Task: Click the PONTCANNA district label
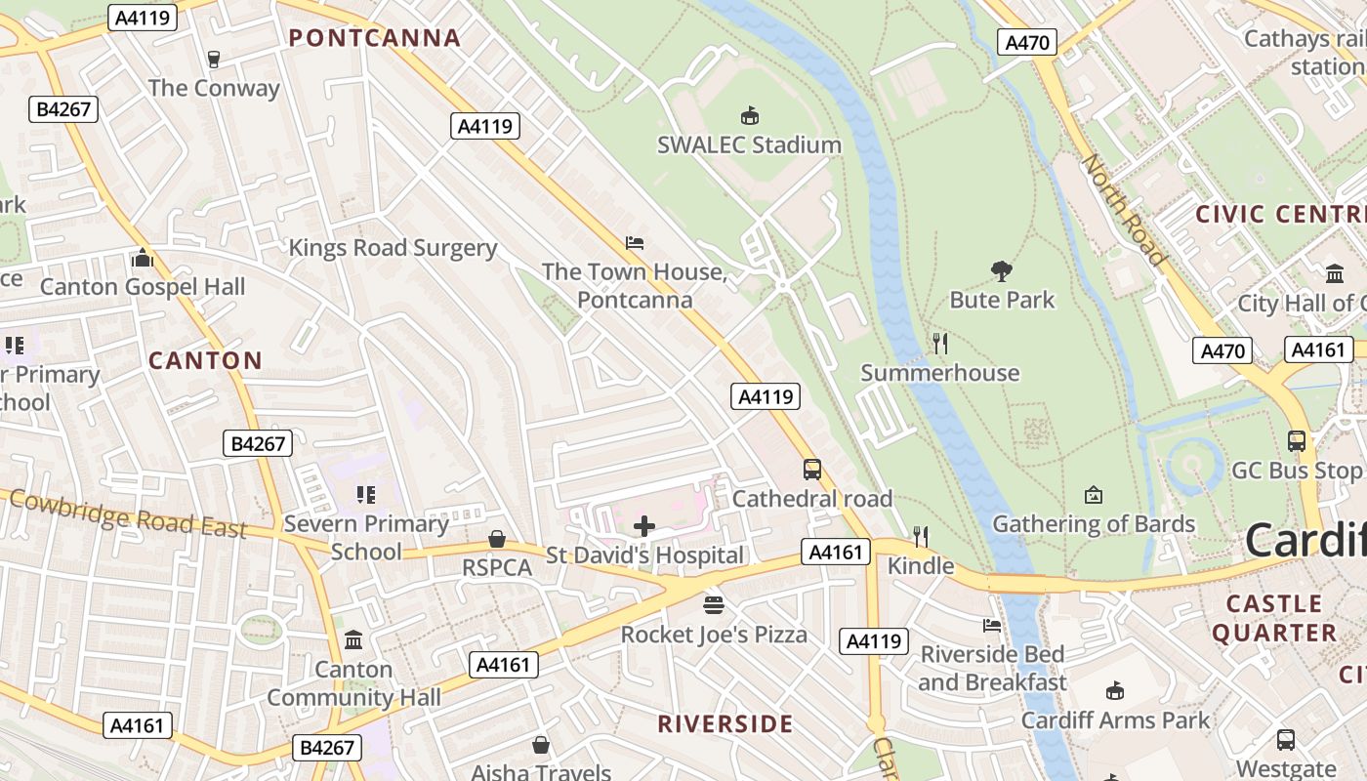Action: [x=375, y=38]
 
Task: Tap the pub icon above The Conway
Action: [x=214, y=60]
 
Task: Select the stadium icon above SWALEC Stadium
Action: [x=749, y=116]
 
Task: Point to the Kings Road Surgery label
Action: [x=393, y=248]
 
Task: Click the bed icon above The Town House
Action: [x=634, y=242]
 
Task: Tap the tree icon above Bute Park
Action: [x=1001, y=270]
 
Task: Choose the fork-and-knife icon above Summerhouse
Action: [x=939, y=344]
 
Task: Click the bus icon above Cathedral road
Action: [x=811, y=470]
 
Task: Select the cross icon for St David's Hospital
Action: [x=644, y=527]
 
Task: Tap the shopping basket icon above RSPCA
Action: [x=497, y=539]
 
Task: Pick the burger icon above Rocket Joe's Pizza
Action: [x=714, y=605]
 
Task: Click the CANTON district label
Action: [x=205, y=360]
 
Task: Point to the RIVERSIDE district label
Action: [x=725, y=723]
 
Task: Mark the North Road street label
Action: [x=1124, y=210]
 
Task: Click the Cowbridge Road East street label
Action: [x=127, y=514]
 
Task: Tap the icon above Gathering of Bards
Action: [x=1093, y=496]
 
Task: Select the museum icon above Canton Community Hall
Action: [x=353, y=640]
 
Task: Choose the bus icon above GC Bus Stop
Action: [x=1296, y=441]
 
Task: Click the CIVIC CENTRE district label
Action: [x=1280, y=214]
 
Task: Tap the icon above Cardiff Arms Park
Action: [x=1114, y=692]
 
